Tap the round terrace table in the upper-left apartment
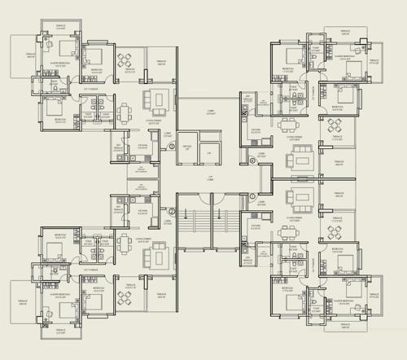(125, 59)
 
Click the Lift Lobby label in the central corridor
(209, 176)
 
